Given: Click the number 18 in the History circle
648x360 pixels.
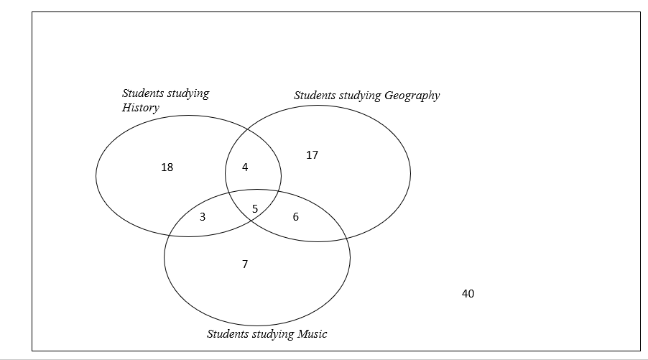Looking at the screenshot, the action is coord(167,167).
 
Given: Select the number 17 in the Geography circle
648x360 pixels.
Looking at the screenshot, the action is coord(312,155).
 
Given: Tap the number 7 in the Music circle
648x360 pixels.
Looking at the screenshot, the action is coord(245,264).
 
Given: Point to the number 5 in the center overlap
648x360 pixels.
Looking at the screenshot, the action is coord(255,209).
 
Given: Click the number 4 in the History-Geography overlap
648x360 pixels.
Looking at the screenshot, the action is coord(245,167).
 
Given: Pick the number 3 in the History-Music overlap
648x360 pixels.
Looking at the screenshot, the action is coord(203,217).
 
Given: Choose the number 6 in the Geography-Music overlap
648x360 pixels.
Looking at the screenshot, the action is coord(295,217).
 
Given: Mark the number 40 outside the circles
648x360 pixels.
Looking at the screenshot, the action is coord(468,293).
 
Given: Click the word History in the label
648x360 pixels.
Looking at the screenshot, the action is coord(141,108).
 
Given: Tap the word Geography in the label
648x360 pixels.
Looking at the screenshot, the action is coord(412,96).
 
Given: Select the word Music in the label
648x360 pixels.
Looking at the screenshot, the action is coord(313,333).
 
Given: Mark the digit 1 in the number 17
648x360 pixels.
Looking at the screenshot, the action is coord(309,155).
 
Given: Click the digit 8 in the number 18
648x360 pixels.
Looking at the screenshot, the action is coord(170,167).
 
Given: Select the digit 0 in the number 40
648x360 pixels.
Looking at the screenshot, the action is coord(471,293).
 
